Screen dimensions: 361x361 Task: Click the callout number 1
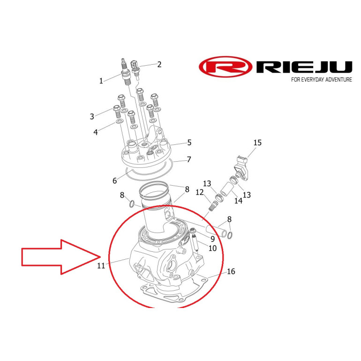click(101, 81)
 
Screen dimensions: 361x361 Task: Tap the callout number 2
click(159, 65)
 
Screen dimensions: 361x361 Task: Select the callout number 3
click(92, 116)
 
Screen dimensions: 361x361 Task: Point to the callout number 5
click(189, 143)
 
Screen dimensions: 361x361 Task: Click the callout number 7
click(189, 159)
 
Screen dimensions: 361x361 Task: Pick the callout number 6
click(115, 180)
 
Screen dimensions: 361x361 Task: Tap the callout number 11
click(101, 266)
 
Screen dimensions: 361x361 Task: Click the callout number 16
click(231, 271)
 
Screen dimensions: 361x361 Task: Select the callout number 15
click(258, 143)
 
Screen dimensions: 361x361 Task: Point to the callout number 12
click(200, 192)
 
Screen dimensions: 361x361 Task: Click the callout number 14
click(238, 201)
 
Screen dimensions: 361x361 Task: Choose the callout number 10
click(212, 248)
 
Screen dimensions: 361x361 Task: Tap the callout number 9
click(212, 239)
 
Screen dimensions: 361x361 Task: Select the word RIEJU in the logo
click(304, 67)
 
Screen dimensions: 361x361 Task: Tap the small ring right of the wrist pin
click(230, 235)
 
